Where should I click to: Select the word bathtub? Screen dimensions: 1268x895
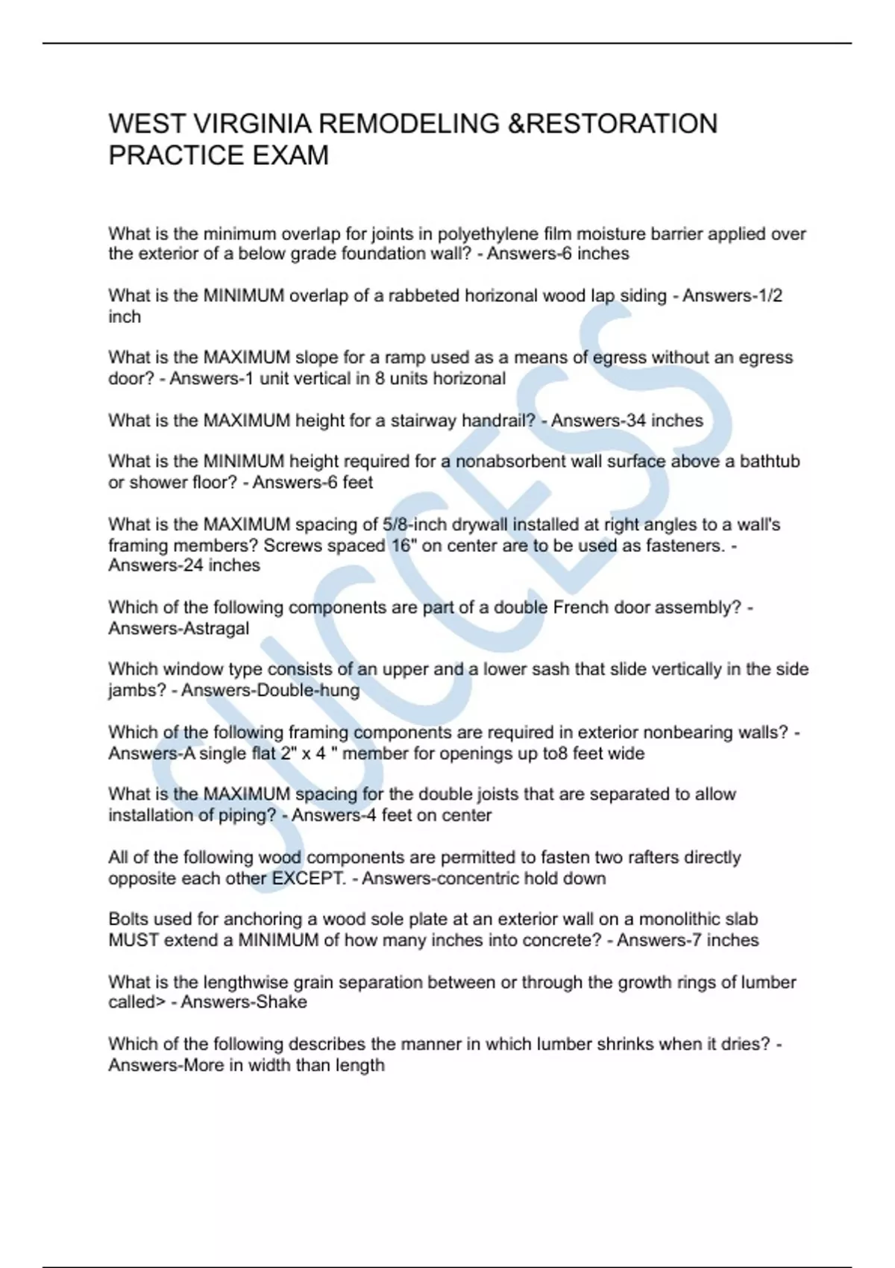click(769, 462)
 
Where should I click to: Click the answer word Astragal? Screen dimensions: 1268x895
click(216, 629)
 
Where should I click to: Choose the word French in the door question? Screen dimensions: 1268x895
click(580, 608)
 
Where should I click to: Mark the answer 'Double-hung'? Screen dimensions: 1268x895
click(307, 691)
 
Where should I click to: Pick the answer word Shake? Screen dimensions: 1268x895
click(282, 1002)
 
